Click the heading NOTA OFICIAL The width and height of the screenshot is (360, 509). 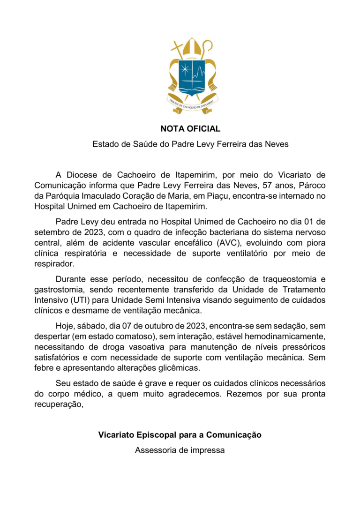[190, 128]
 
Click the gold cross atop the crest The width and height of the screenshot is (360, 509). [177, 49]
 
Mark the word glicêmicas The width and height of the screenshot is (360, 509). [175, 367]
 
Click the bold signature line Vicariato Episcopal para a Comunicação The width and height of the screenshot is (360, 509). [180, 434]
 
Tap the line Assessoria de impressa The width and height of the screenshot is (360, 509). [180, 450]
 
